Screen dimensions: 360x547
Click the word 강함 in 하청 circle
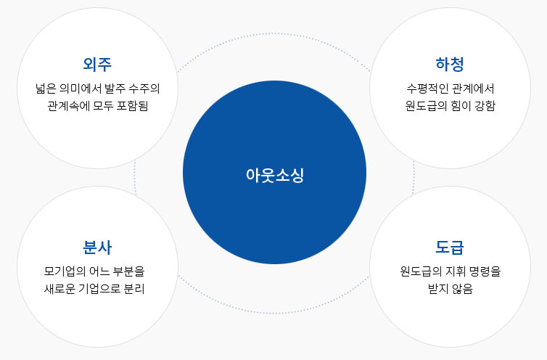tap(484, 106)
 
